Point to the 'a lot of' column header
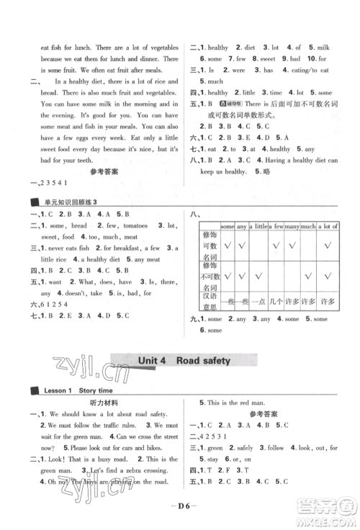[x=328, y=227]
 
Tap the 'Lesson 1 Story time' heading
[x=67, y=390]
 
